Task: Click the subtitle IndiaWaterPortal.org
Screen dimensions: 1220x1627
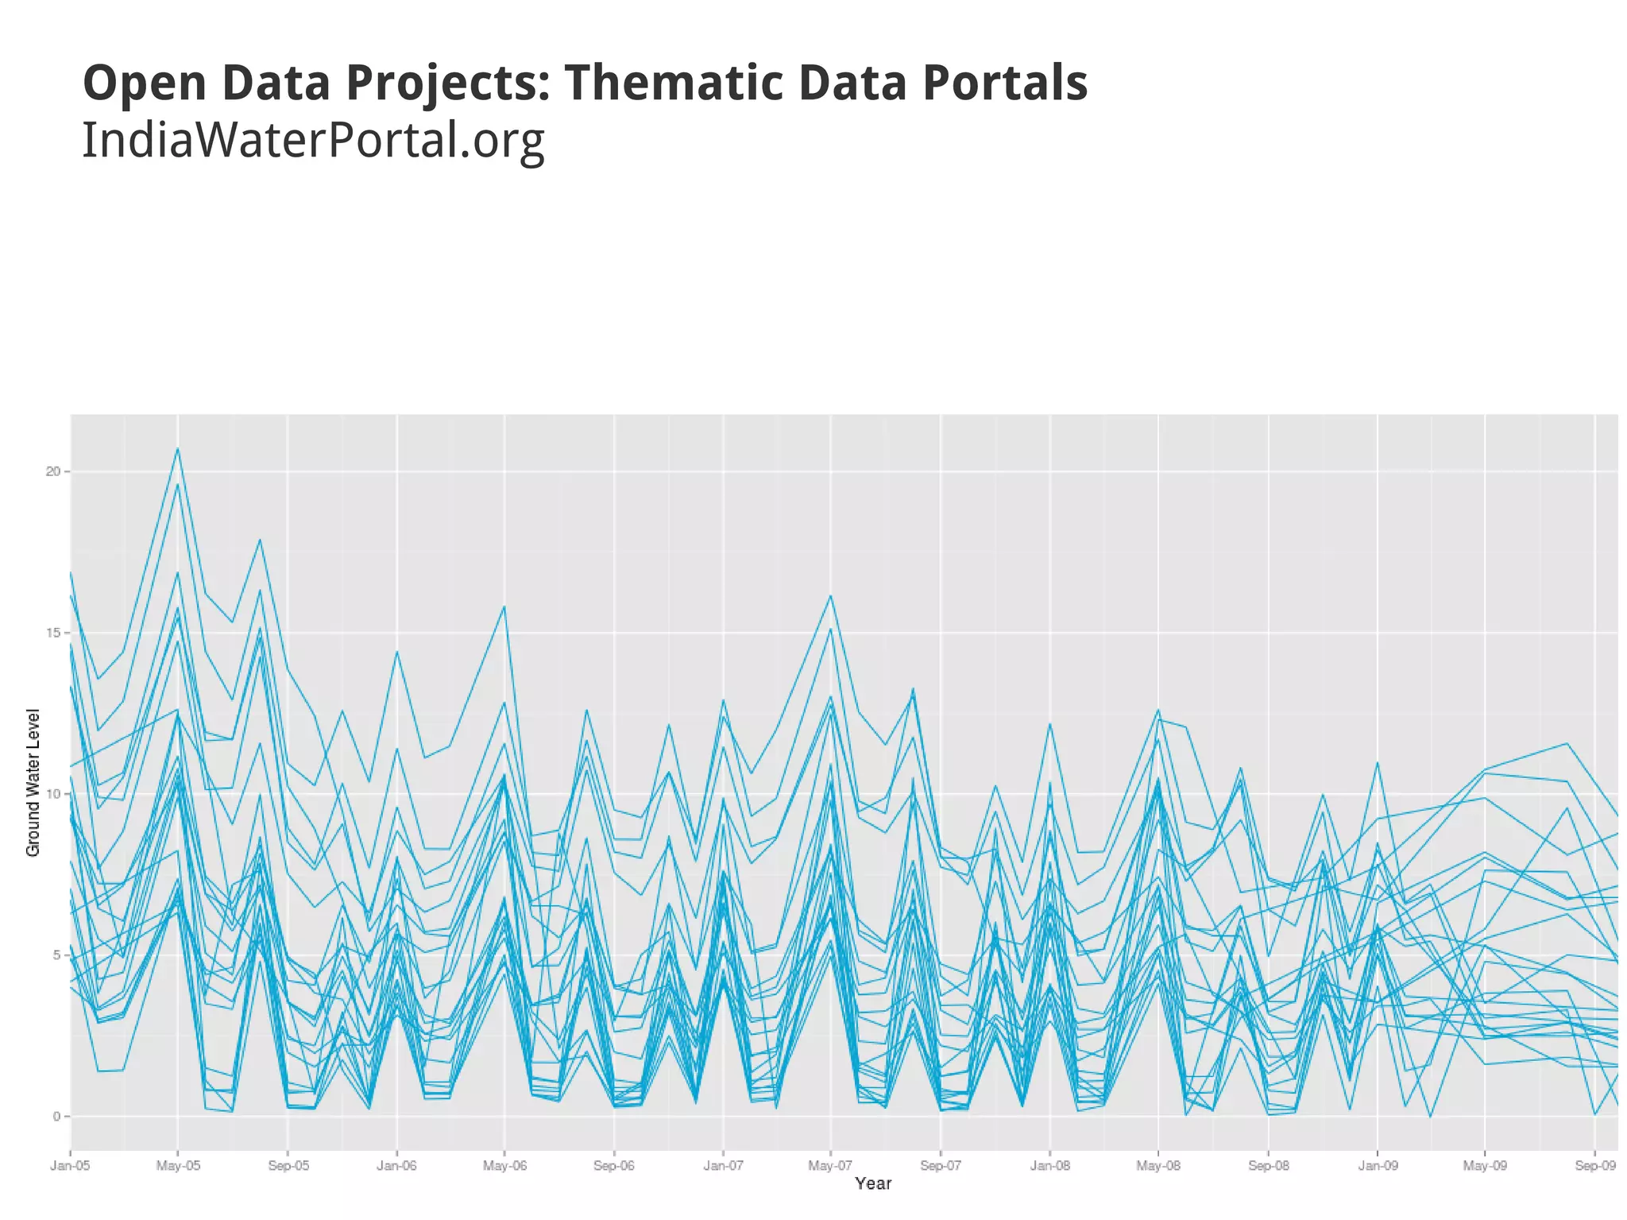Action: tap(313, 140)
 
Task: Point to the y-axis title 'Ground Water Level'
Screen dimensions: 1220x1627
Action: tap(33, 783)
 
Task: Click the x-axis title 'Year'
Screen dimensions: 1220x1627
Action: tap(873, 1183)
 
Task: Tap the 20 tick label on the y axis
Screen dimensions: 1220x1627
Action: tap(52, 471)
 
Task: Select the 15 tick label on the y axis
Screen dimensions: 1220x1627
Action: tap(52, 633)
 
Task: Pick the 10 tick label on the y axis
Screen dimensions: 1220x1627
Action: tap(52, 795)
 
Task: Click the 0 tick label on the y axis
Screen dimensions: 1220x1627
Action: tap(56, 1117)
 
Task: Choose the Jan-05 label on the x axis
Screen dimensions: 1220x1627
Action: tap(70, 1167)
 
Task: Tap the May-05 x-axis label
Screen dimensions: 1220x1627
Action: tap(178, 1167)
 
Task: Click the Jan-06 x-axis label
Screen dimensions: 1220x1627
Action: tap(396, 1167)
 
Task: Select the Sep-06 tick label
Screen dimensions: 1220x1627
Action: tap(614, 1167)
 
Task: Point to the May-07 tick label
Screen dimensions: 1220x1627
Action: tap(830, 1167)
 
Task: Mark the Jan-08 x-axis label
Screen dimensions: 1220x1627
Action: tap(1050, 1167)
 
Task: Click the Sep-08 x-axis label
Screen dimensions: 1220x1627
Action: tap(1269, 1167)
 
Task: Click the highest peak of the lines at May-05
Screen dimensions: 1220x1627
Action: tap(178, 449)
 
